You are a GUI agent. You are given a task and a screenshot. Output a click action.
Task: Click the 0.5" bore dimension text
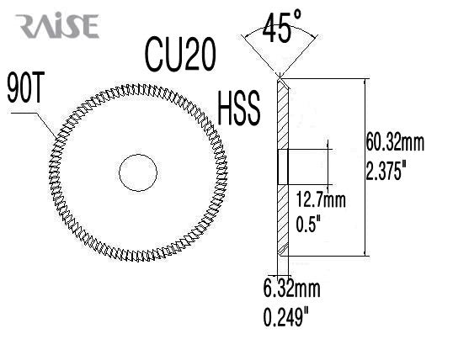point(312,224)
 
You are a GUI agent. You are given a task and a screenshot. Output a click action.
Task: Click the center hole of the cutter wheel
point(138,172)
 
